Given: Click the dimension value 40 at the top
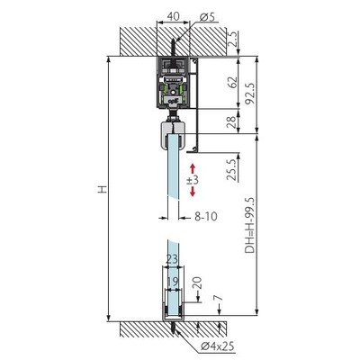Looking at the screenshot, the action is tap(174, 16).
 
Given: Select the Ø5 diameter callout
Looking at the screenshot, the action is tap(207, 17).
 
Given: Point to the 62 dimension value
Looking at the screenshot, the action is tap(232, 83).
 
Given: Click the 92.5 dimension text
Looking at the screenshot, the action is tap(249, 94).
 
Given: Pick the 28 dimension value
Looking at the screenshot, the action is tap(232, 122).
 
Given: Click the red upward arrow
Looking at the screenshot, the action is tap(193, 169).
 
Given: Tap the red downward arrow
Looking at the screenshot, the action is tap(193, 191).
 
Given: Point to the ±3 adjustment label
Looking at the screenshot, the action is tap(193, 180).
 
